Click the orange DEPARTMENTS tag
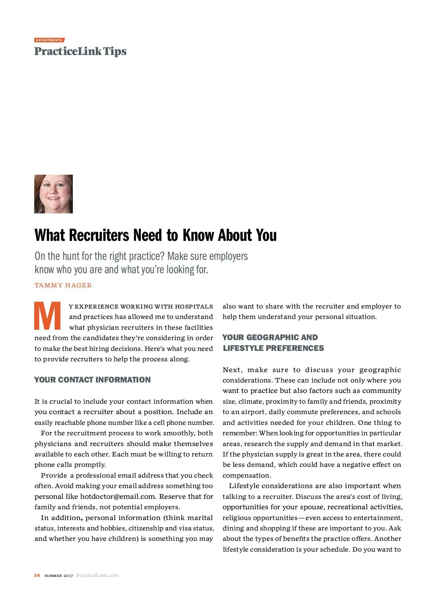click(49, 40)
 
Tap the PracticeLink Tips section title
click(80, 51)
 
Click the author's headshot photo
click(54, 194)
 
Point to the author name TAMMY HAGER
click(63, 285)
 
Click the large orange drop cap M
click(48, 316)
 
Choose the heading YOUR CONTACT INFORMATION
click(93, 380)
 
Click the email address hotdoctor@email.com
click(118, 496)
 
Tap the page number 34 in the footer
click(37, 575)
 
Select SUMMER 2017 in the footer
click(59, 575)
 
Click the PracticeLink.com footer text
click(98, 575)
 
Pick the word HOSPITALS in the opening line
click(194, 306)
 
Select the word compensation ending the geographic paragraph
click(246, 475)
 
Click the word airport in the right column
click(252, 412)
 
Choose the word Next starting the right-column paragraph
click(232, 370)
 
